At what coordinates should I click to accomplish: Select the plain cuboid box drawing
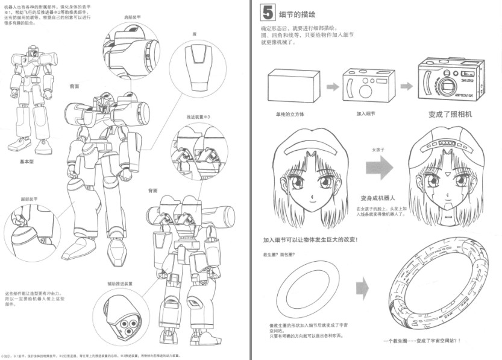pyautogui.click(x=293, y=86)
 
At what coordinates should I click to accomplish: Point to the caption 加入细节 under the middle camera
pyautogui.click(x=366, y=113)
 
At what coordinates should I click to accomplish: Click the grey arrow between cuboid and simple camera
pyautogui.click(x=332, y=87)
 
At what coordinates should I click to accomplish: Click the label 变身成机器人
pyautogui.click(x=377, y=198)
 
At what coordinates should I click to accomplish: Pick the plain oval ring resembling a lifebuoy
pyautogui.click(x=307, y=289)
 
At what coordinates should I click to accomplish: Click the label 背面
pyautogui.click(x=153, y=191)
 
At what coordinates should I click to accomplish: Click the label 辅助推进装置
pyautogui.click(x=120, y=283)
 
